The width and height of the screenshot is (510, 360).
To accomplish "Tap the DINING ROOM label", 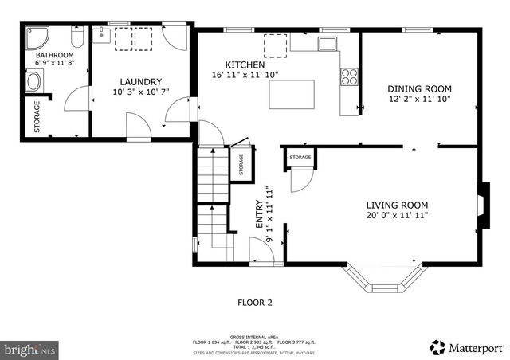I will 419,88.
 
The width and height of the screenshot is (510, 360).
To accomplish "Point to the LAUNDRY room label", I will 141,81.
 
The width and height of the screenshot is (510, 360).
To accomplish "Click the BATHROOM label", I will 54,55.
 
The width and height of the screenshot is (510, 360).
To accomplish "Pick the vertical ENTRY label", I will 259,214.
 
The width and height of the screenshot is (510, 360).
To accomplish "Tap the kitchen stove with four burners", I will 349,76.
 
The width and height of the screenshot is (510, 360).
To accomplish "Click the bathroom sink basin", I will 33,80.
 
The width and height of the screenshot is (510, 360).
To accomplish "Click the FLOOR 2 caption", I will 255,303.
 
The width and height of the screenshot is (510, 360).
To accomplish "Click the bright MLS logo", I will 30,349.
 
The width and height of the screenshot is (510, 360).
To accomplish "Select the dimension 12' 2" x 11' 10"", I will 419,100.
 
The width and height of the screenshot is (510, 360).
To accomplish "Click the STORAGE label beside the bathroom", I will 37,117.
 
